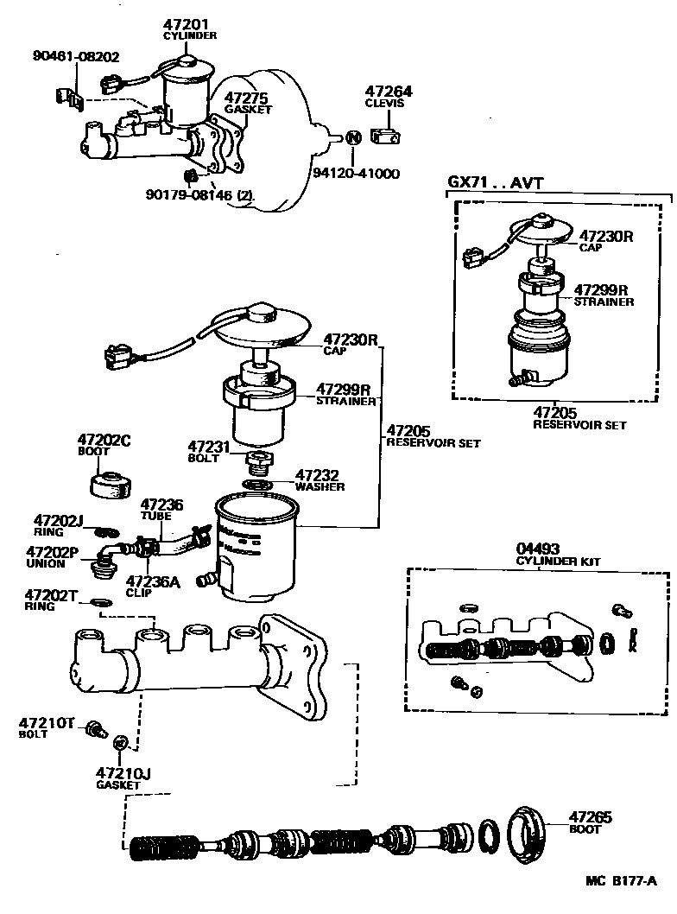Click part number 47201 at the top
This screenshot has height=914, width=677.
[189, 24]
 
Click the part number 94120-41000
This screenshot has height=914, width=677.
[356, 173]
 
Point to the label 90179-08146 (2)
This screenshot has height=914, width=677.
[200, 196]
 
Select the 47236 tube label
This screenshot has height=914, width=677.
[161, 504]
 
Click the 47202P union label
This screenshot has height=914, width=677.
[52, 552]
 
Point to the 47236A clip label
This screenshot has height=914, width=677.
[153, 581]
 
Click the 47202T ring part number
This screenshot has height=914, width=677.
[51, 595]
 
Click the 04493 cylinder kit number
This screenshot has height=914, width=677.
[538, 549]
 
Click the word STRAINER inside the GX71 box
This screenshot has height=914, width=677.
[604, 301]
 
